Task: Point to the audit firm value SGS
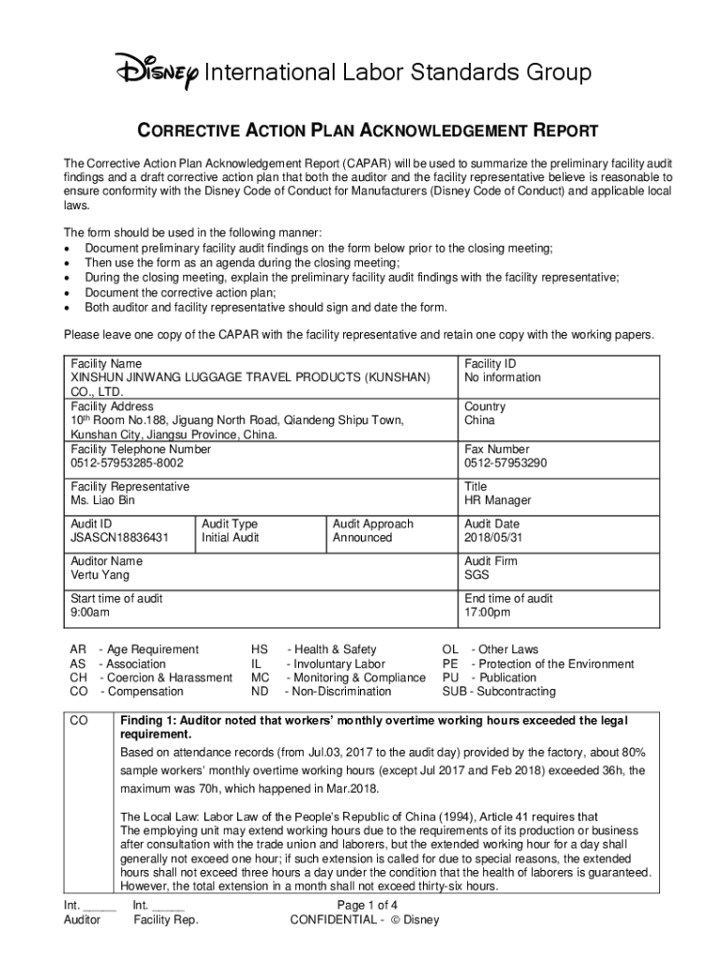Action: (476, 575)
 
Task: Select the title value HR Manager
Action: (497, 500)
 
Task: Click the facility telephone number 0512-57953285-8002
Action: (128, 463)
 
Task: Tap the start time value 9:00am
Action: (90, 613)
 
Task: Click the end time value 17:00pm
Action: (488, 613)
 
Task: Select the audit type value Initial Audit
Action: (230, 538)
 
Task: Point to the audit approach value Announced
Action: (362, 538)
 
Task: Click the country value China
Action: (481, 420)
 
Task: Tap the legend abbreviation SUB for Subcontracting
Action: (455, 692)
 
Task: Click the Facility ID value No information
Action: (503, 377)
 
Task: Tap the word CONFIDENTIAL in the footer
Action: (332, 920)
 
